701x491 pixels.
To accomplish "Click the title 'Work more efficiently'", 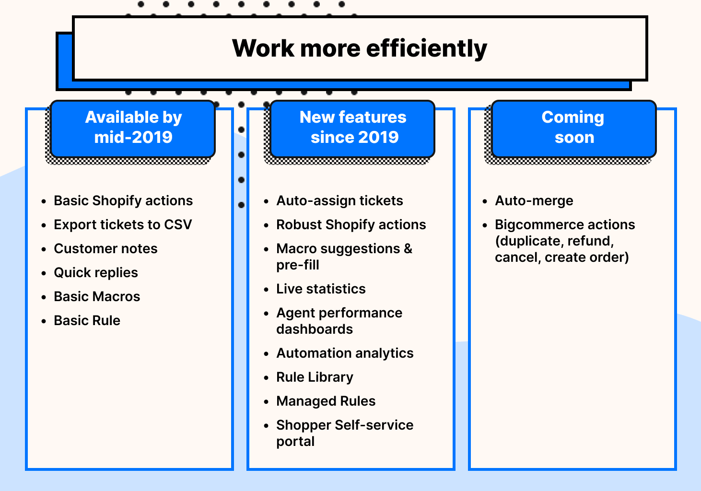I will coord(360,48).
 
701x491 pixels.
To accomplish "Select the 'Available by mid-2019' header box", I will coord(133,128).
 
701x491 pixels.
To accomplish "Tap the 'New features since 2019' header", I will coord(353,128).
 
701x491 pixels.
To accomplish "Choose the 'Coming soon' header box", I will coord(573,128).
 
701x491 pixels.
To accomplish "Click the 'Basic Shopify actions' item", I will coord(123,200).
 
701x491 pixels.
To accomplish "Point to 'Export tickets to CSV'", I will coord(123,224).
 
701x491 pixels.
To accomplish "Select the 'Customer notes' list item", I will coord(105,248).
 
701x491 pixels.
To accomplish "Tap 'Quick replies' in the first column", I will coord(96,272).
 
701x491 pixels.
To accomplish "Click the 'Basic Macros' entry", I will coord(97,296).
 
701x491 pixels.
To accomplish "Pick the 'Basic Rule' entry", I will coord(87,320).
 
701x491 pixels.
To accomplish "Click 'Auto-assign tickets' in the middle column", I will coord(339,200).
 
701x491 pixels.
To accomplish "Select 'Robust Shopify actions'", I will coord(351,224).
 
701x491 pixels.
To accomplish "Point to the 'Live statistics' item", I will coord(321,289).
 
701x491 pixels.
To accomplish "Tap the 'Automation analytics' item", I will coord(345,353).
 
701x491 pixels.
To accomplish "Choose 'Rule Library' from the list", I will coord(315,377).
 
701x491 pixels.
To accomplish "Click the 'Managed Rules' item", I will coord(326,401).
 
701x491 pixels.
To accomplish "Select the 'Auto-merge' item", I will coord(534,200).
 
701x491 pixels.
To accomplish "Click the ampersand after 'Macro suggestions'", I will coord(408,248).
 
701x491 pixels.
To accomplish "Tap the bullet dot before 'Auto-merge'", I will coord(485,201).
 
